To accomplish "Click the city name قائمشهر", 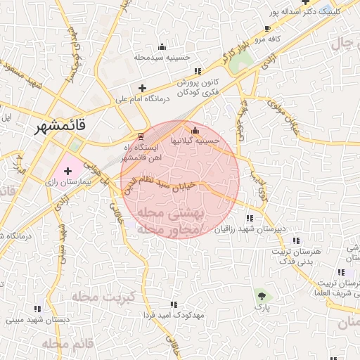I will (x=61, y=127).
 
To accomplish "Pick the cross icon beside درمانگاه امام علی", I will (x=143, y=89).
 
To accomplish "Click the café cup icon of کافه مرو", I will (x=267, y=29).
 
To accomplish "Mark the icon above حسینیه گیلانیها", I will (x=195, y=129).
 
